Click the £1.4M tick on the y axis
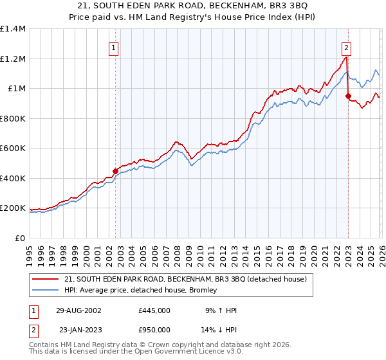coord(13,29)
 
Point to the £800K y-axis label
coord(13,118)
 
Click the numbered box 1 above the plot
coord(113,47)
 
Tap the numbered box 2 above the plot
coord(346,47)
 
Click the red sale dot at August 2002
coord(116,172)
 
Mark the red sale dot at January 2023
coord(348,96)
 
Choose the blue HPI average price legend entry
coord(140,291)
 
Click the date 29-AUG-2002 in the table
coord(79,310)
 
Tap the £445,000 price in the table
coord(154,310)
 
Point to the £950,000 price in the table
coord(154,329)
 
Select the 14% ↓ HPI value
coord(219,329)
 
